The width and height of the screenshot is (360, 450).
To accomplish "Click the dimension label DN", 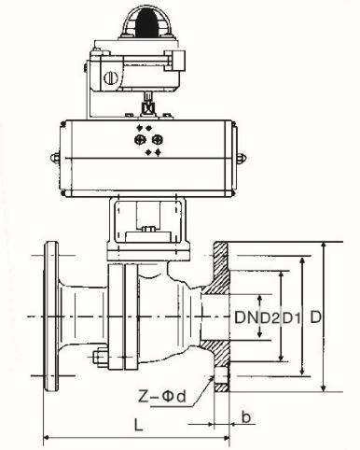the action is (246, 317).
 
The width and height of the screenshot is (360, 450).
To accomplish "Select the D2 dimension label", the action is (270, 317).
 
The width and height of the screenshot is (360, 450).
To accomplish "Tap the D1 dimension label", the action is (292, 317).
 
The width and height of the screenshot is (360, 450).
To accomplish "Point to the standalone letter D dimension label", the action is (315, 317).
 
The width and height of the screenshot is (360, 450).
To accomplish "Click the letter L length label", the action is (138, 424).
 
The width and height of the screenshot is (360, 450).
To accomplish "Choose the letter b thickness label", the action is (245, 417).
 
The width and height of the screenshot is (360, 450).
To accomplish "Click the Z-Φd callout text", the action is (162, 397).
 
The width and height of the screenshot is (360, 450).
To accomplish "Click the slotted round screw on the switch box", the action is (110, 77).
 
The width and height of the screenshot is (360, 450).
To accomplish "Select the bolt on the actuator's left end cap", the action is (55, 158).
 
